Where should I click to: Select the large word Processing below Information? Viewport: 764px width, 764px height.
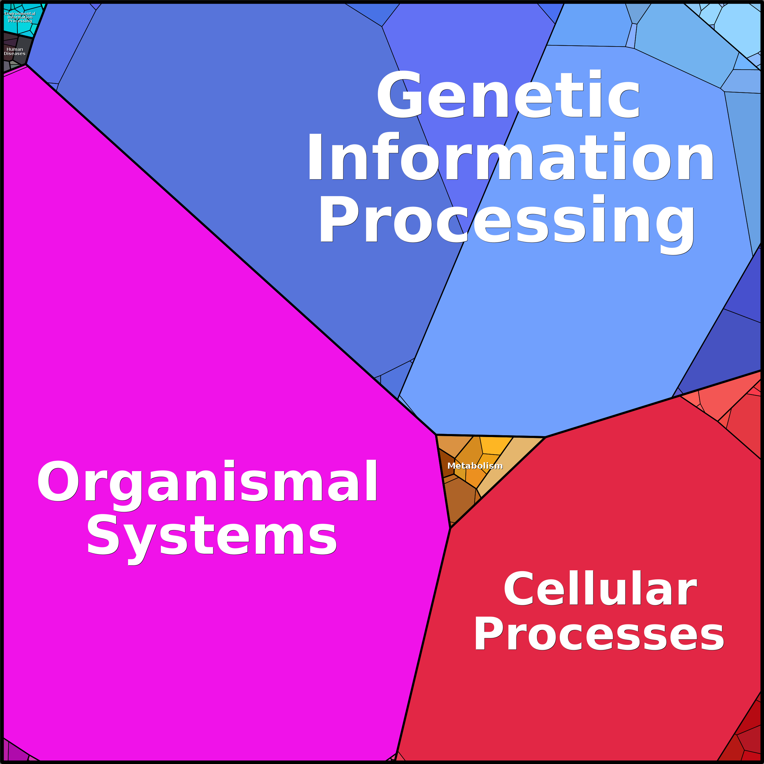click(x=507, y=224)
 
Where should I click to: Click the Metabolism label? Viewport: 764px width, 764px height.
click(x=475, y=466)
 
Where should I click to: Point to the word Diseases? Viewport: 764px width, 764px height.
click(x=15, y=54)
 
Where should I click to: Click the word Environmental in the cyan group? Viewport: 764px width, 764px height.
click(x=20, y=13)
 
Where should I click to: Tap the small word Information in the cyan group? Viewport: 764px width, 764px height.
click(x=20, y=17)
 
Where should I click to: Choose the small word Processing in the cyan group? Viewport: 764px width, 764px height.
click(x=20, y=21)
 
